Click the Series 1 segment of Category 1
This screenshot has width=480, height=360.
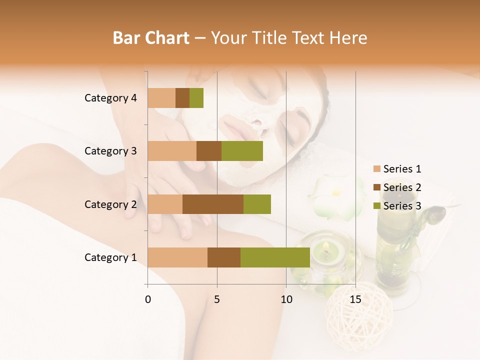(177, 257)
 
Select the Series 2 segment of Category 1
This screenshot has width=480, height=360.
(224, 257)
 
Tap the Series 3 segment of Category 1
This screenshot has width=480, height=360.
(275, 257)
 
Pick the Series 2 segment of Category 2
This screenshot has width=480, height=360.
(213, 204)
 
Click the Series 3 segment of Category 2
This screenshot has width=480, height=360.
(257, 204)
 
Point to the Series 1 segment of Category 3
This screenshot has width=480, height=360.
(172, 151)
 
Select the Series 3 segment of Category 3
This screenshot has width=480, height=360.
(242, 151)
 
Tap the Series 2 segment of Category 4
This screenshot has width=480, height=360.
(182, 98)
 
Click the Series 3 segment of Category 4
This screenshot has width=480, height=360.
(196, 98)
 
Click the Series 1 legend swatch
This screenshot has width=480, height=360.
(377, 169)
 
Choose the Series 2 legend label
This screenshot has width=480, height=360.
(402, 187)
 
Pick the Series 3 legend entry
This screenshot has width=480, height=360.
(397, 206)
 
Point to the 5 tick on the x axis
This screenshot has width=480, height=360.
(217, 299)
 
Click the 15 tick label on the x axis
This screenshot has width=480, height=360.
(355, 299)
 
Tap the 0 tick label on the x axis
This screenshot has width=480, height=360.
(148, 299)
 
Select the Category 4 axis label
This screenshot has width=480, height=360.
(110, 98)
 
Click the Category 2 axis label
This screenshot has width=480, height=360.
(110, 204)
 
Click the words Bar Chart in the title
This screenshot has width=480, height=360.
(151, 38)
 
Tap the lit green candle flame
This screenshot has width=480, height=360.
(325, 246)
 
